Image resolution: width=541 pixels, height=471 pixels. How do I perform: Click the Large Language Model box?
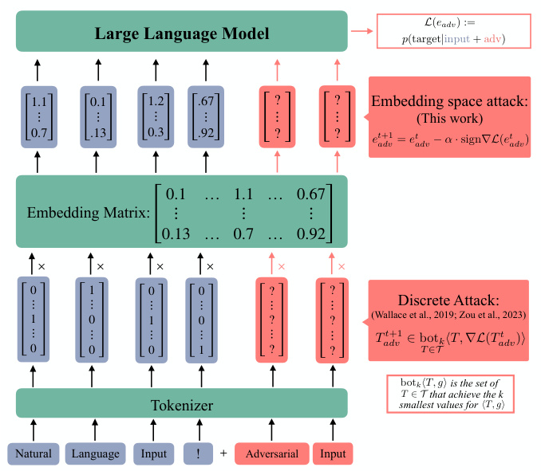182,33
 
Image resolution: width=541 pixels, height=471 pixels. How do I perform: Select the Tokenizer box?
182,405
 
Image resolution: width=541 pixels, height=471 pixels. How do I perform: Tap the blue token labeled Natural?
34,453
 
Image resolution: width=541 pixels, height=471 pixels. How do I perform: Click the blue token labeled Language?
95,453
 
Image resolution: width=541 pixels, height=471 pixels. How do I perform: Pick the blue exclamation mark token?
198,453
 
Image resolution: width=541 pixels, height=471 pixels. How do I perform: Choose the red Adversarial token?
271,453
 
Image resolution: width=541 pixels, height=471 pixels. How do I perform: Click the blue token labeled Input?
154,453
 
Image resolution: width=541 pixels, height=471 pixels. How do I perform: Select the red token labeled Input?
333,453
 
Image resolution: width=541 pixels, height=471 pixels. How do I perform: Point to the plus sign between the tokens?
223,453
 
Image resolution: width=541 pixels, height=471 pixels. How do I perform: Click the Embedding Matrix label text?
87,213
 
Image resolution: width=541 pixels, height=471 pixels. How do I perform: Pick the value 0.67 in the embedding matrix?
310,194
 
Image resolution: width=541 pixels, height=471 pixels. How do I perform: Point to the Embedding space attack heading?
448,102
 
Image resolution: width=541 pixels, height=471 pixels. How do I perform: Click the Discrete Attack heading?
448,300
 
